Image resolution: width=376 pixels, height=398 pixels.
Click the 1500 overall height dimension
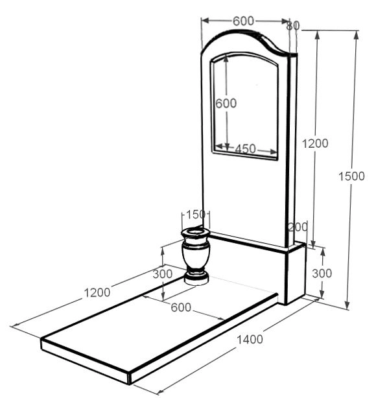point(351,176)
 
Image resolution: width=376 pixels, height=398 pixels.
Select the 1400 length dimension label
point(250,339)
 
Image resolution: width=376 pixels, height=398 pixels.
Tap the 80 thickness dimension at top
point(293,26)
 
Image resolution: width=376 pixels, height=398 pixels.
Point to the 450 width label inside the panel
point(245,149)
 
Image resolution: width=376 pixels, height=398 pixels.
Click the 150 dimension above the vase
point(196,215)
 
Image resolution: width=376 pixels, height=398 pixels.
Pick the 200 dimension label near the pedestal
point(298,227)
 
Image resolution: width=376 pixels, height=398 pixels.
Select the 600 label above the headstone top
point(243,21)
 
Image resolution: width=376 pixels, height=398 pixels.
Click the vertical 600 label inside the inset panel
point(226,103)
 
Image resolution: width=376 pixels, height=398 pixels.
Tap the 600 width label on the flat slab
point(181,308)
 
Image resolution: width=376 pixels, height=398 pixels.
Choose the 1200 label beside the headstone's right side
point(315,144)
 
